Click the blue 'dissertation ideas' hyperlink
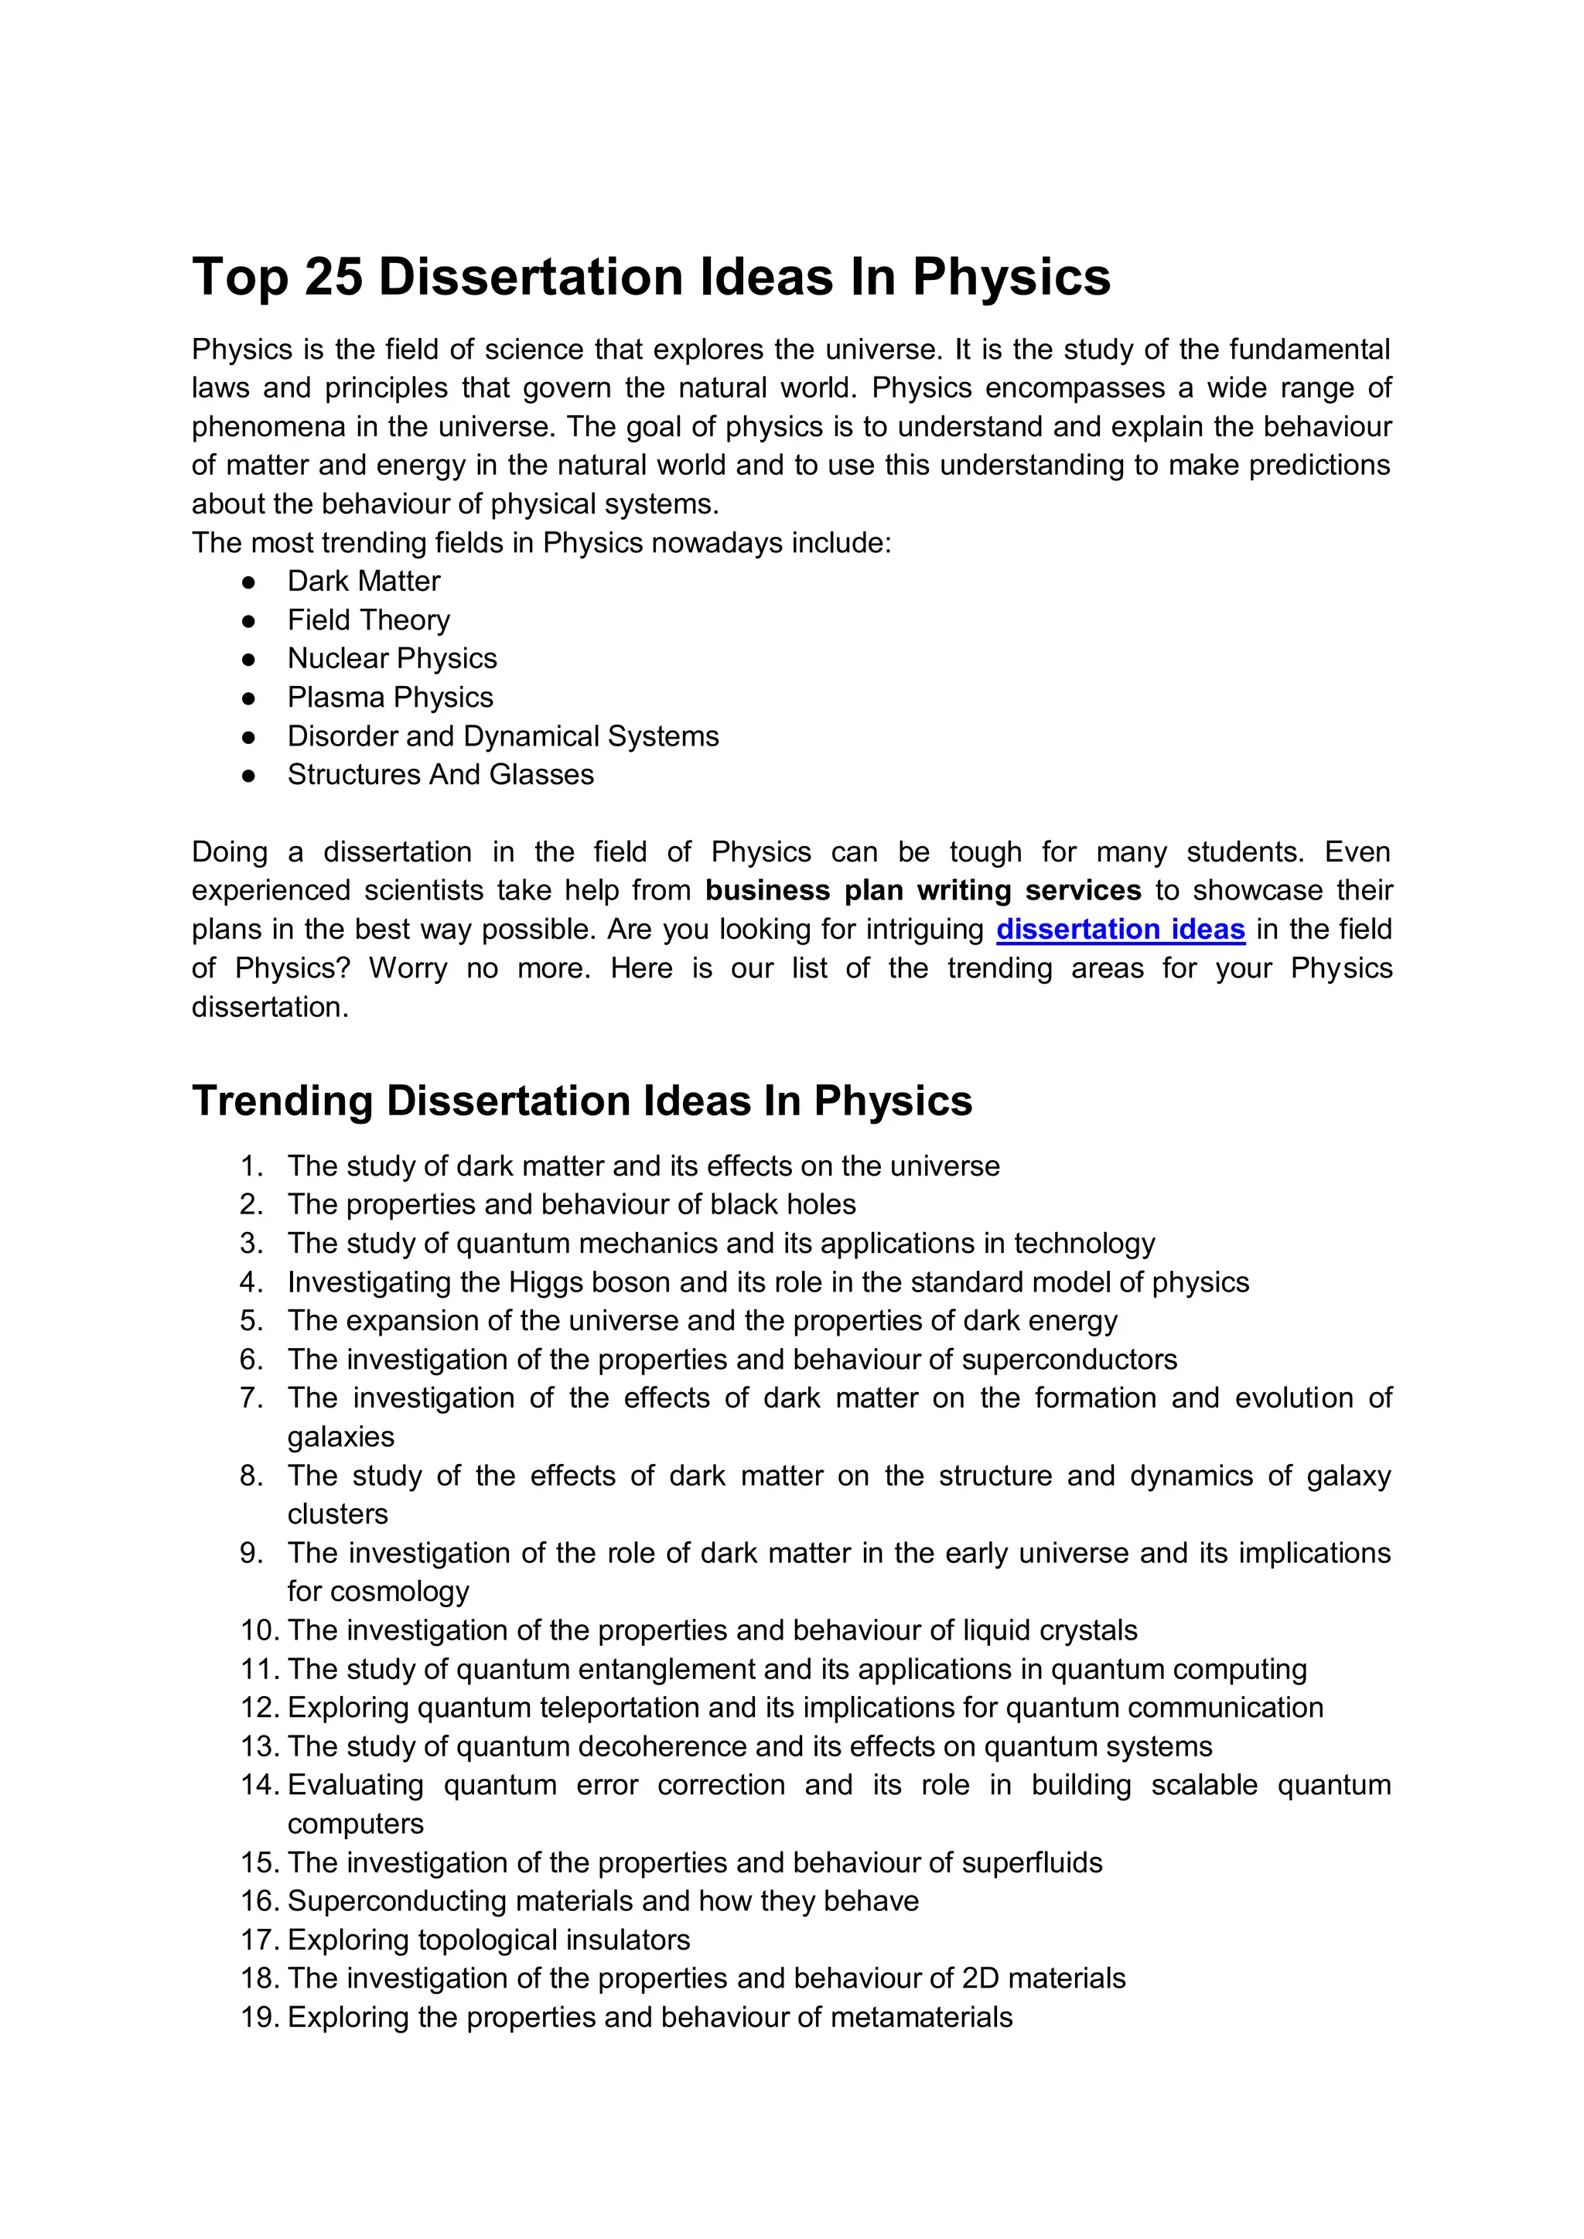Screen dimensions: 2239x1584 pos(1120,930)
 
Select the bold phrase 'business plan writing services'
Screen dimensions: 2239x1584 pos(923,890)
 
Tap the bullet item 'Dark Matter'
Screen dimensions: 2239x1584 pos(363,581)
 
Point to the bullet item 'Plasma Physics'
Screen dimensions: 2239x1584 pos(390,698)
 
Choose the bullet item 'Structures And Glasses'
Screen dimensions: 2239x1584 pos(440,774)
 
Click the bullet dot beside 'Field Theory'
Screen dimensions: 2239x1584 pos(249,621)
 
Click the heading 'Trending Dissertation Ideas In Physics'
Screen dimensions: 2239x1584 pos(582,1101)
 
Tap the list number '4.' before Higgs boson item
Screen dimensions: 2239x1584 pos(251,1282)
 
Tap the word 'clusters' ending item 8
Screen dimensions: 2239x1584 pos(337,1514)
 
